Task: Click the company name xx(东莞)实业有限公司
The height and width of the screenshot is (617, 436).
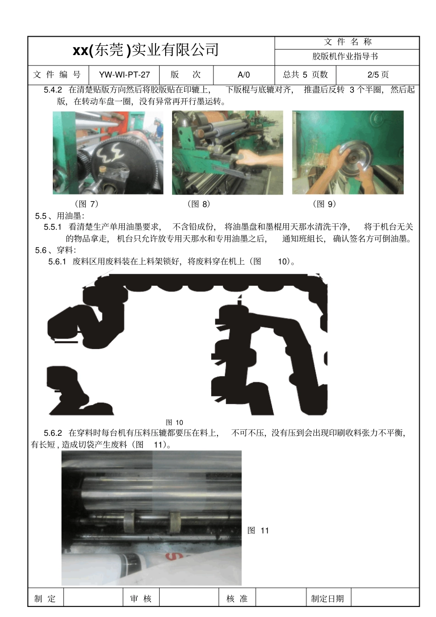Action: click(x=145, y=50)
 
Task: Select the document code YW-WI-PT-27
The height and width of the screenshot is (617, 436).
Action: click(x=124, y=75)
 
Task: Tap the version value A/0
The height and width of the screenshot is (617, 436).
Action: click(x=244, y=75)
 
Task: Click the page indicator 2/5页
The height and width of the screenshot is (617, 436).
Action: click(x=378, y=75)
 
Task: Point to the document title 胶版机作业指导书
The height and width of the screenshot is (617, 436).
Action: click(x=345, y=56)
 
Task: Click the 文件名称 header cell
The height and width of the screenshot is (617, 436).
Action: click(x=347, y=42)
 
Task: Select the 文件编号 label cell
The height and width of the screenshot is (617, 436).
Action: click(x=57, y=75)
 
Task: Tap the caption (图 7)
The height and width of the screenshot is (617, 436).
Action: click(x=87, y=204)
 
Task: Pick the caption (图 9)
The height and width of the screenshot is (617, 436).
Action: click(x=324, y=204)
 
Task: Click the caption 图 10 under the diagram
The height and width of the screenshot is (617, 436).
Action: click(x=174, y=422)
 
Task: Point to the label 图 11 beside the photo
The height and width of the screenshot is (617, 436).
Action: click(x=258, y=530)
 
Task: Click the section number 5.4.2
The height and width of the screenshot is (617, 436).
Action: click(x=53, y=90)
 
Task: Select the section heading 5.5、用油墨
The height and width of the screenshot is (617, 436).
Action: click(x=60, y=216)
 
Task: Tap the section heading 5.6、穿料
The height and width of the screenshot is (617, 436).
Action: click(x=56, y=250)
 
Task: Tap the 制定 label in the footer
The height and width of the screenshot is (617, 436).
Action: click(x=45, y=599)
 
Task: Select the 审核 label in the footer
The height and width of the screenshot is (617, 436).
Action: click(x=140, y=599)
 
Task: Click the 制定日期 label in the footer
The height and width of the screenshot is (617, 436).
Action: click(x=327, y=599)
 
